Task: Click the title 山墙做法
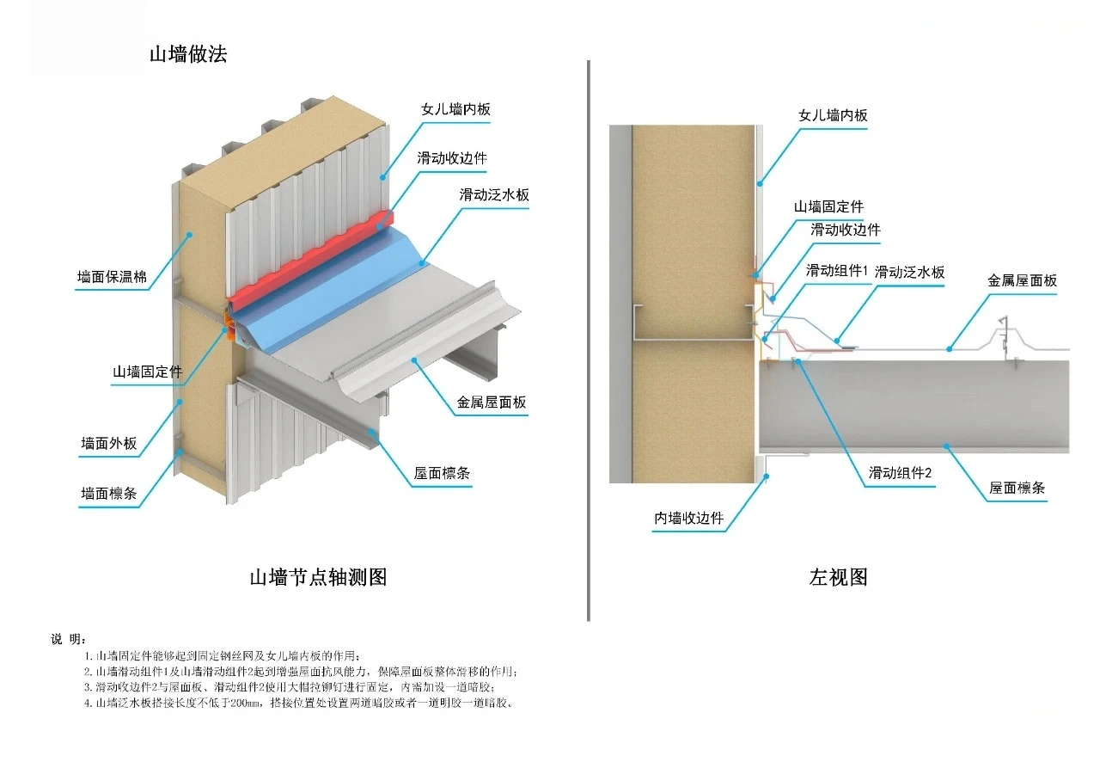[188, 55]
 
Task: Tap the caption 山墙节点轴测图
[318, 577]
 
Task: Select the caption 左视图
[838, 577]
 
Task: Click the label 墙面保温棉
[112, 277]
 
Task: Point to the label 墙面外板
[109, 444]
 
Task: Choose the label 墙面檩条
[109, 494]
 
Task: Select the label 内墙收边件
[689, 519]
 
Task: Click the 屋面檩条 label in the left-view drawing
[1017, 488]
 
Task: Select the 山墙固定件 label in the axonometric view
[148, 372]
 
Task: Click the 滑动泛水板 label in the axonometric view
[494, 194]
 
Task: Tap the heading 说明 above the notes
[69, 639]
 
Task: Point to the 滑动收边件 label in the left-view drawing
[846, 230]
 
